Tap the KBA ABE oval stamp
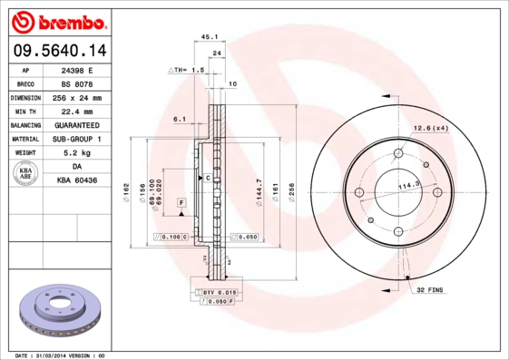pos(26,173)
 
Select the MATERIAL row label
pos(25,139)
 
